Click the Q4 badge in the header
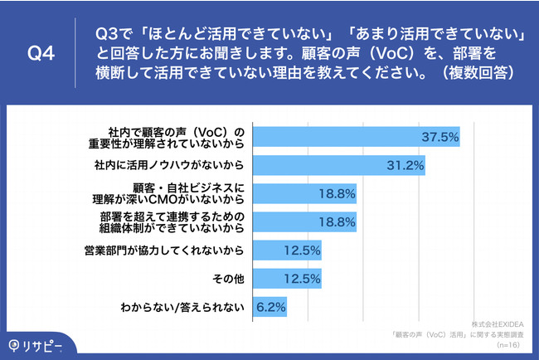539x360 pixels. coord(41,54)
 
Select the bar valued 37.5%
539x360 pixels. coord(356,137)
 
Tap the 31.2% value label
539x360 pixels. coord(405,166)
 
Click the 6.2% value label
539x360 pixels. coord(269,307)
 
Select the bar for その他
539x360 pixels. coord(286,279)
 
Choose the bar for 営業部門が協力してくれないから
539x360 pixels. coord(286,251)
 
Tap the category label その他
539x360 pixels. coord(228,279)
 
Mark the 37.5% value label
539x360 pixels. coord(440,137)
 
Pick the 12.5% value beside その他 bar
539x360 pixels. coord(303,279)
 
